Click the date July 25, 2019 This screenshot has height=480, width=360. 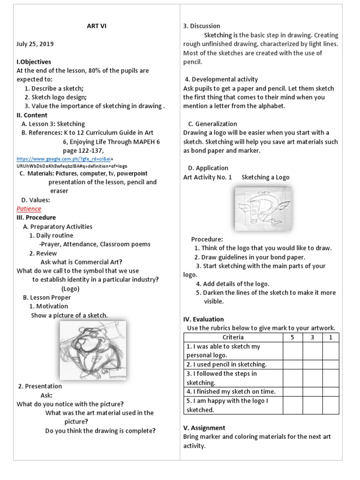pyautogui.click(x=35, y=44)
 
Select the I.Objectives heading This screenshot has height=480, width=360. pyautogui.click(x=34, y=62)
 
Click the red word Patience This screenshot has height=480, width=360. pyautogui.click(x=29, y=209)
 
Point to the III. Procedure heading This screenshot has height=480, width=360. pyautogui.click(x=36, y=217)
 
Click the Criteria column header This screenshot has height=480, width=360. pyautogui.click(x=233, y=337)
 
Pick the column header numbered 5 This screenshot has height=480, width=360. pyautogui.click(x=292, y=337)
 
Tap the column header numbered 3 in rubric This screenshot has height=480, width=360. pyautogui.click(x=312, y=337)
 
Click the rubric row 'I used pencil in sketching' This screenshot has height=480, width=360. pyautogui.click(x=226, y=364)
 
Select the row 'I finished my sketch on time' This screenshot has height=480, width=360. pyautogui.click(x=231, y=391)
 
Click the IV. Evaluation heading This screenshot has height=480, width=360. pyautogui.click(x=203, y=319)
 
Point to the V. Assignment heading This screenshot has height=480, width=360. pyautogui.click(x=204, y=427)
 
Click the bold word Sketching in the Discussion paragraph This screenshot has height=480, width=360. pyautogui.click(x=218, y=35)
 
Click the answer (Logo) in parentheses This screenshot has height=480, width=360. pyautogui.click(x=70, y=289)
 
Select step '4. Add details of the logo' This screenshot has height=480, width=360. pyautogui.click(x=232, y=284)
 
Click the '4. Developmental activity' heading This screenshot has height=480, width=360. pyautogui.click(x=221, y=79)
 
